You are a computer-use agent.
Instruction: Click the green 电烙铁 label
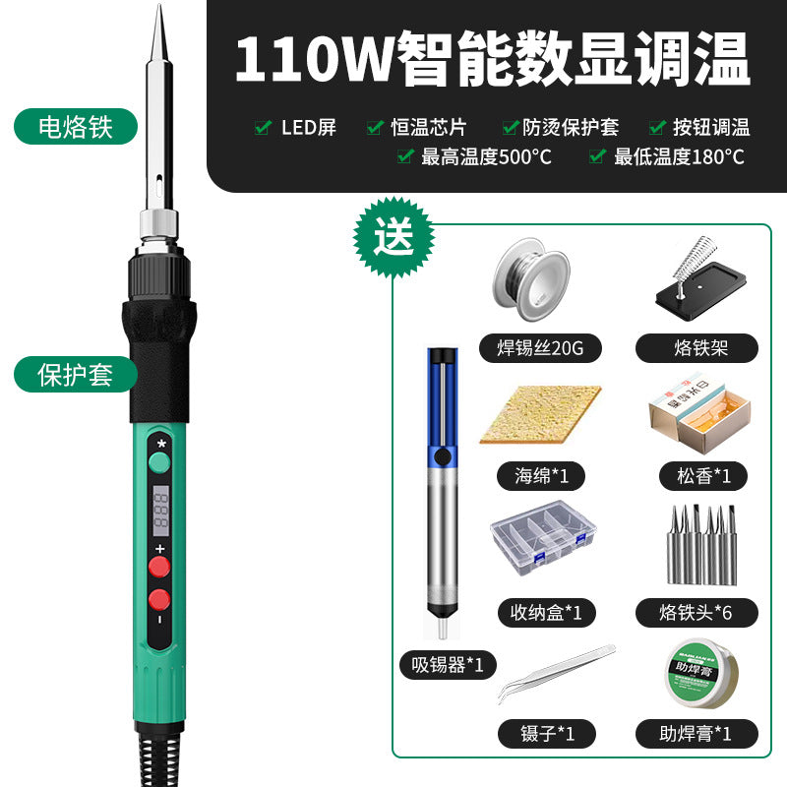76,127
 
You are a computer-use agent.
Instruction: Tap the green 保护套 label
76,374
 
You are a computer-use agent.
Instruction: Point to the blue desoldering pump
441,482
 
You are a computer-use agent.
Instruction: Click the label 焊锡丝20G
539,348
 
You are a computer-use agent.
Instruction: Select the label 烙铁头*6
696,613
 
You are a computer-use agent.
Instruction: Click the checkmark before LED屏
263,127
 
